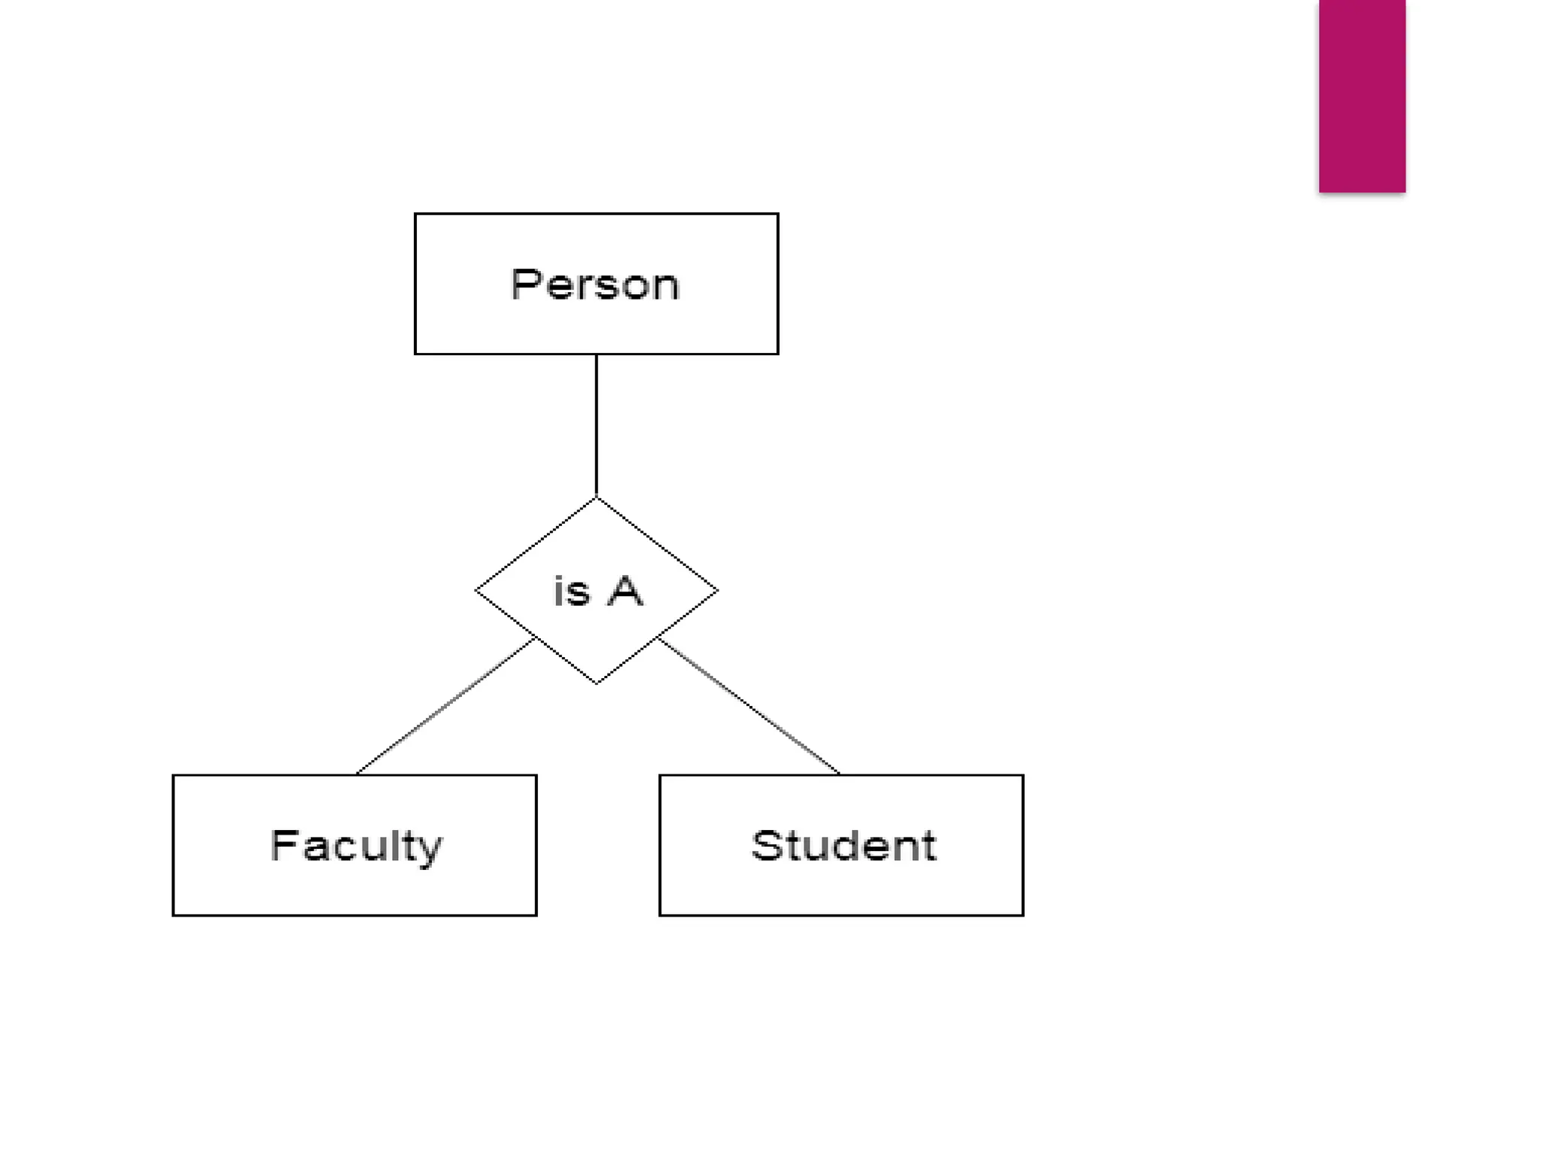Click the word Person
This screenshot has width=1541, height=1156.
tap(594, 284)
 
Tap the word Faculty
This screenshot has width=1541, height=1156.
tap(356, 846)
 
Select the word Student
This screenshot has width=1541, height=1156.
tap(843, 846)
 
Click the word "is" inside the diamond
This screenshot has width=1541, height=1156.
tap(572, 591)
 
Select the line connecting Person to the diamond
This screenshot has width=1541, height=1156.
tap(597, 425)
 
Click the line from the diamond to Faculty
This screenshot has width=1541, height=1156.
tap(445, 706)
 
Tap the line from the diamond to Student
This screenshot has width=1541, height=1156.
tap(749, 706)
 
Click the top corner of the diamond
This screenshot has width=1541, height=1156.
tap(597, 498)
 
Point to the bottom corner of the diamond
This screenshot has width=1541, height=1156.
tap(597, 683)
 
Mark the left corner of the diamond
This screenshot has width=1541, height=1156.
tap(476, 591)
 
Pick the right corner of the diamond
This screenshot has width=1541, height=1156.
tap(717, 591)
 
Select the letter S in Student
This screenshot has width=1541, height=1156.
tap(767, 845)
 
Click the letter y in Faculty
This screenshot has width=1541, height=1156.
tap(430, 850)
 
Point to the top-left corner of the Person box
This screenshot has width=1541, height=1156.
tap(415, 214)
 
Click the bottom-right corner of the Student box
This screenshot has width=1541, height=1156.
tap(1023, 914)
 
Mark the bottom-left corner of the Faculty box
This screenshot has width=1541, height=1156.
tap(174, 914)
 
